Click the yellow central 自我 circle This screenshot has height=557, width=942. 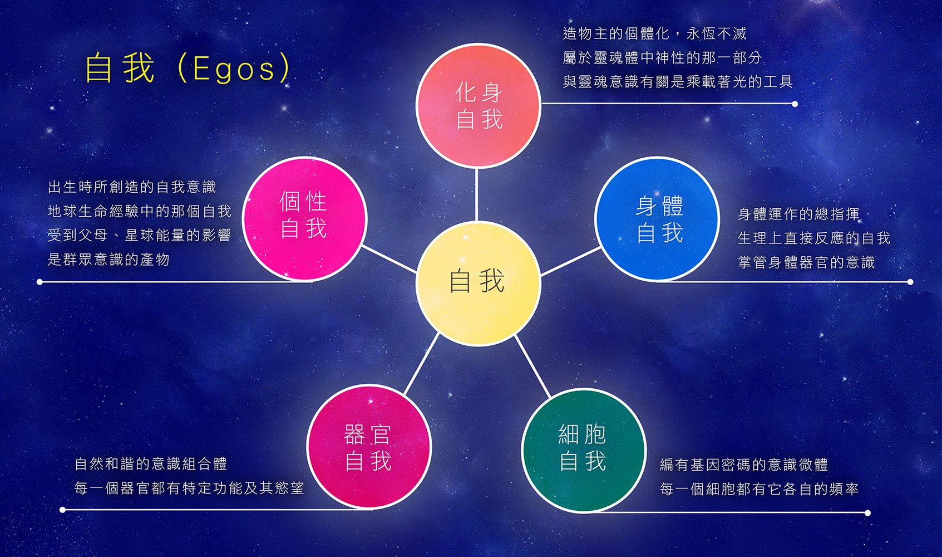pyautogui.click(x=478, y=284)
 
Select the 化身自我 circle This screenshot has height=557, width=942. pyautogui.click(x=478, y=105)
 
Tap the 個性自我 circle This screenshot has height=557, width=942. pyautogui.click(x=304, y=218)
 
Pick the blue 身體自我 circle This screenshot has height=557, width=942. pyautogui.click(x=657, y=219)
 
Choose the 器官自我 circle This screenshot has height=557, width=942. pyautogui.click(x=369, y=447)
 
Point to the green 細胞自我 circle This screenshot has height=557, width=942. pyautogui.click(x=584, y=450)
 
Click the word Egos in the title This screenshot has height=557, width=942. pyautogui.click(x=234, y=69)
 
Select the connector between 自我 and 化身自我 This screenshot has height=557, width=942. pyautogui.click(x=476, y=194)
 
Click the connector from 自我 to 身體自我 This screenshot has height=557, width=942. pyautogui.click(x=571, y=261)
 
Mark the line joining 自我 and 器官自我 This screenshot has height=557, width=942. pyautogui.click(x=422, y=363)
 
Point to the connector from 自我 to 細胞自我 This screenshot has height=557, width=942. pyautogui.click(x=532, y=367)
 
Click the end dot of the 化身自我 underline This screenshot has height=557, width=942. pyautogui.click(x=795, y=104)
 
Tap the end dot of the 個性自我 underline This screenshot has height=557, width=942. pyautogui.click(x=40, y=282)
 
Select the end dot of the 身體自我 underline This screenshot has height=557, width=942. pyautogui.click(x=910, y=282)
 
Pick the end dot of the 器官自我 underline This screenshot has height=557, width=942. pyautogui.click(x=62, y=510)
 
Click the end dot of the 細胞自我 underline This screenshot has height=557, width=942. pyautogui.click(x=867, y=513)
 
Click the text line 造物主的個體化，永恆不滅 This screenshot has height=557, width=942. pyautogui.click(x=655, y=33)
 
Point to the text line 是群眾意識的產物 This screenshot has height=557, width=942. pyautogui.click(x=108, y=260)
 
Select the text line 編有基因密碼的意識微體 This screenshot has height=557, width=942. pyautogui.click(x=744, y=465)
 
